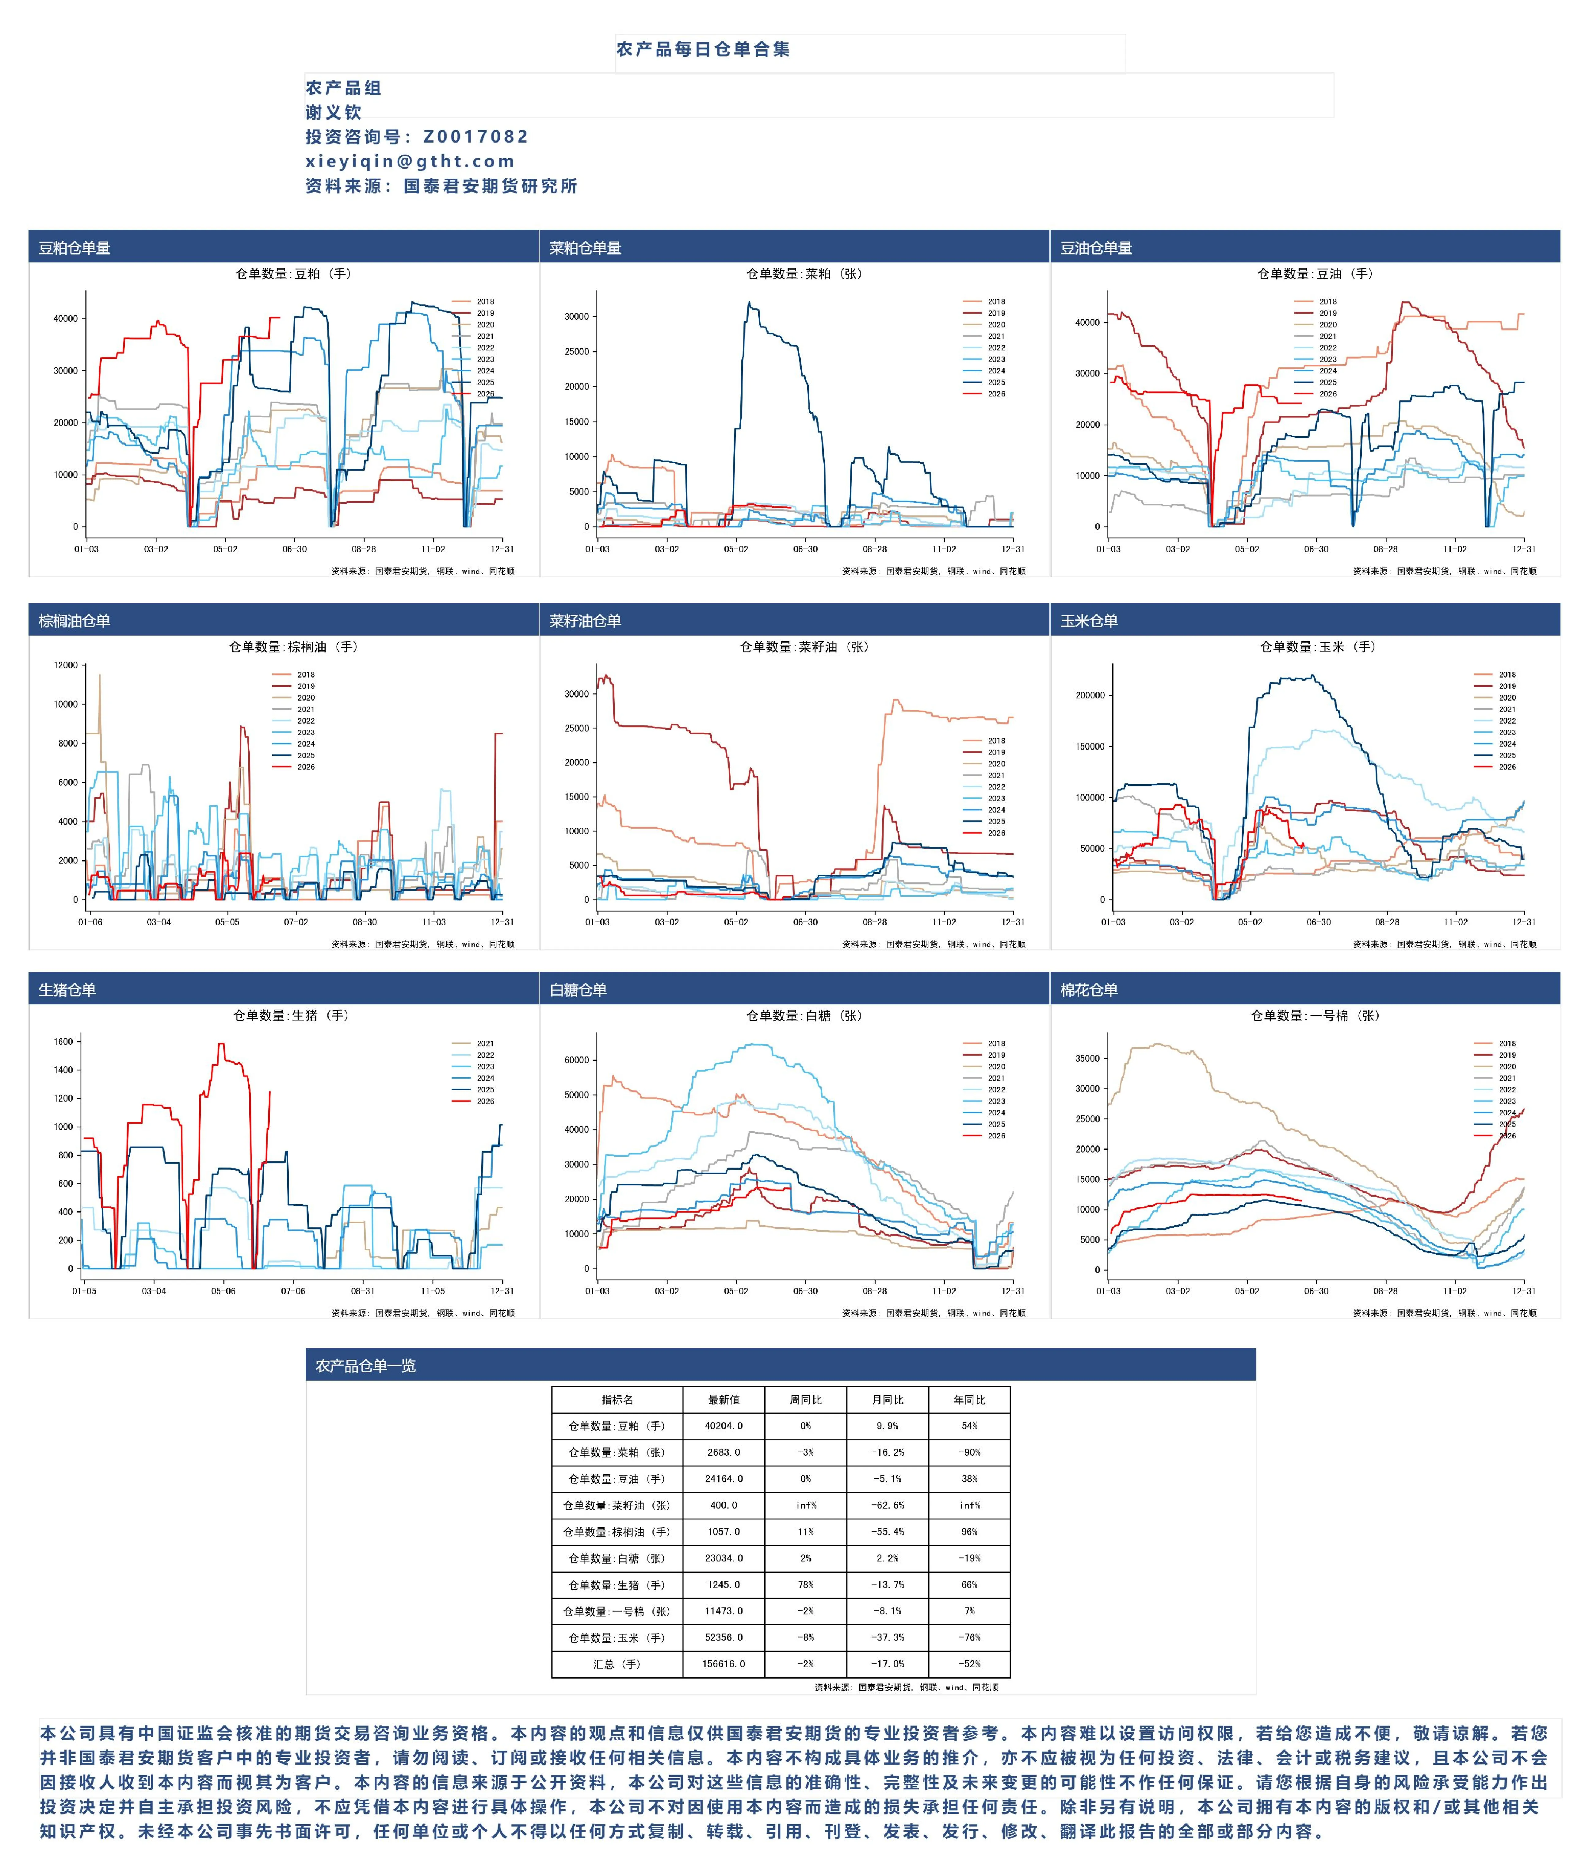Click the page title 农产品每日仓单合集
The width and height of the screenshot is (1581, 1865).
click(703, 49)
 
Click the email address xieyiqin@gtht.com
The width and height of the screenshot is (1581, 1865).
click(410, 161)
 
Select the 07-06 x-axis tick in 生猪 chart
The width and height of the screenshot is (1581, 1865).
click(293, 1291)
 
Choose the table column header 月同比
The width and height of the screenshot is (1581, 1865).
click(887, 1400)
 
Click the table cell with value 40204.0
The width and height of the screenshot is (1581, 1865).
click(724, 1426)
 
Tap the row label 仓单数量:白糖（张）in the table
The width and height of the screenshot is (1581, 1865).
click(617, 1558)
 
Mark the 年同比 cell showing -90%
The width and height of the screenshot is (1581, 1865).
click(969, 1453)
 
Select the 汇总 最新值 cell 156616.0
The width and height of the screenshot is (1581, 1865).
click(724, 1664)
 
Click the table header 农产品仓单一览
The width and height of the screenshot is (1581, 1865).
click(366, 1366)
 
